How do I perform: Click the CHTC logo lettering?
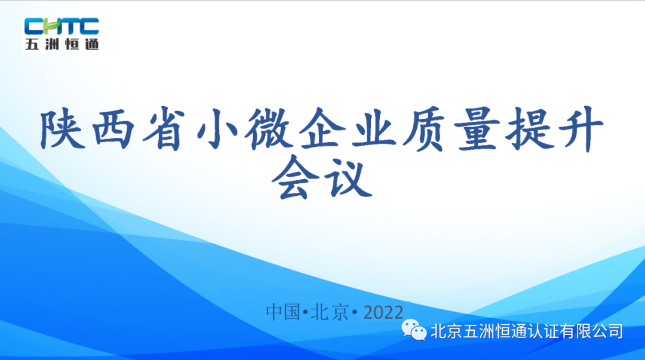click(62, 26)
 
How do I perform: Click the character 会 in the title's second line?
click(296, 177)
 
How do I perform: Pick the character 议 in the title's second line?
click(348, 177)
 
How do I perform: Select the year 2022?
click(383, 312)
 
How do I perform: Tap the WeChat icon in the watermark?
click(413, 330)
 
